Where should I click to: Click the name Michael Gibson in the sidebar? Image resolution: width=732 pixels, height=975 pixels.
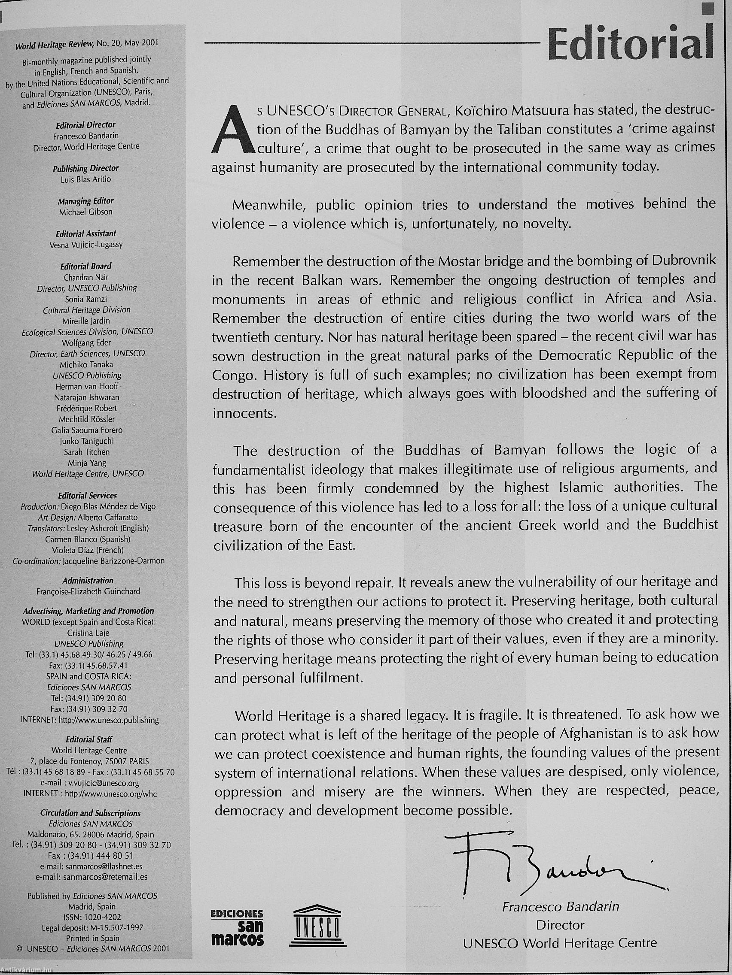tap(86, 212)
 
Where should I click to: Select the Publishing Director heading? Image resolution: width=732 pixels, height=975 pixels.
tap(86, 168)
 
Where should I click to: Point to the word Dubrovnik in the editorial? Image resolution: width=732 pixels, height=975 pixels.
tap(683, 260)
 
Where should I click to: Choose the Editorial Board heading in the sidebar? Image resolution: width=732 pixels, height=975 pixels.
tap(86, 266)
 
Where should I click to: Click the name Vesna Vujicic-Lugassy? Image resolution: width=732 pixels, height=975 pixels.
tap(86, 245)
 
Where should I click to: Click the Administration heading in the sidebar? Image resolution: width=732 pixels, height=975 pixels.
tap(88, 581)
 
